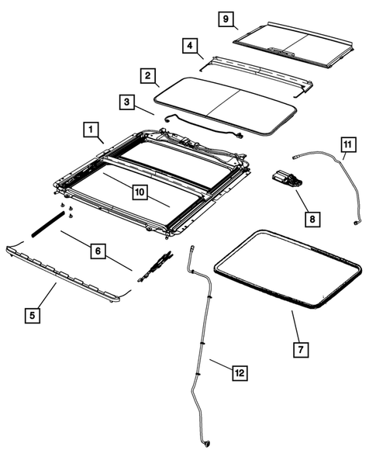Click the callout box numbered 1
(x=91, y=128)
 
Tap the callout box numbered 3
(x=125, y=102)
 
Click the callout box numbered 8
(x=311, y=220)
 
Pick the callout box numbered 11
(x=348, y=144)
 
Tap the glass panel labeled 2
(x=225, y=101)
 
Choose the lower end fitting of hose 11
(x=355, y=224)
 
